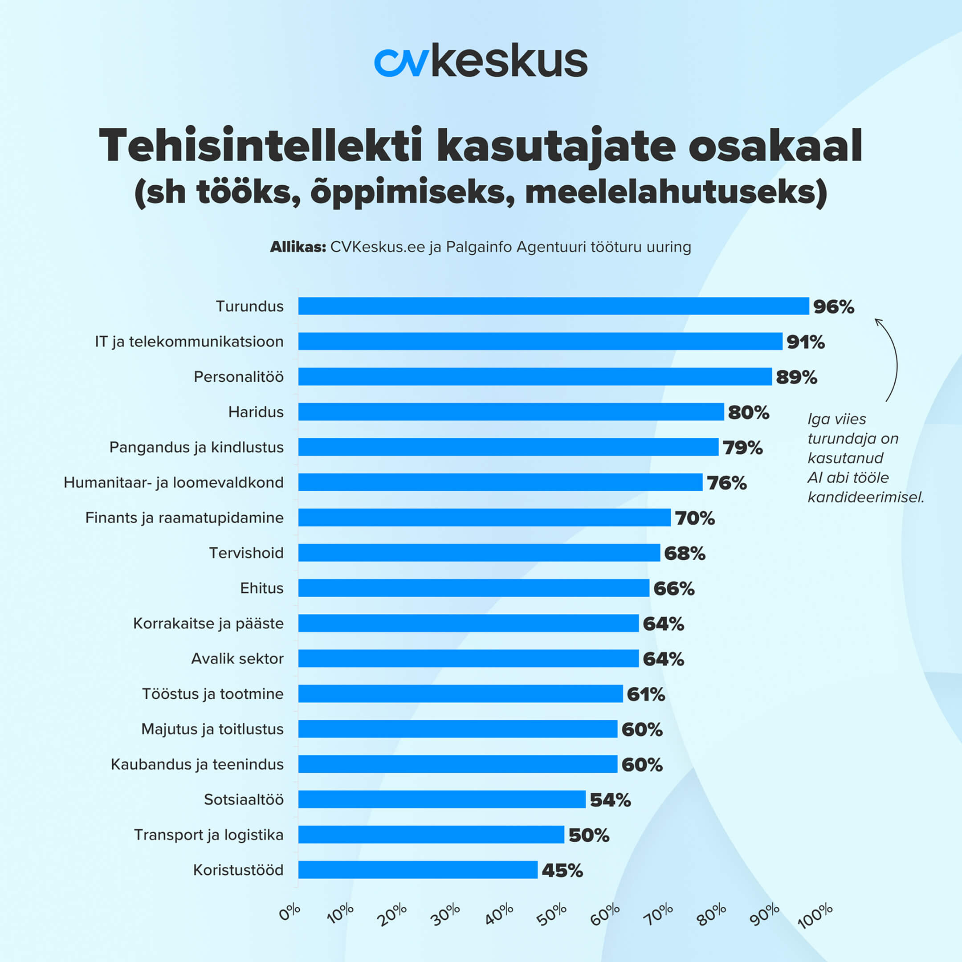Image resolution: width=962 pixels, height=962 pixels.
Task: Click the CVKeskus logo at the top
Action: coord(481,61)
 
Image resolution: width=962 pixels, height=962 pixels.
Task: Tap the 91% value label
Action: coord(805,342)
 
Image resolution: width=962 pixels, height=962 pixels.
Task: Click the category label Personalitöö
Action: coord(239,377)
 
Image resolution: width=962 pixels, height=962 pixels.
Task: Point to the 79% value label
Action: coord(742,448)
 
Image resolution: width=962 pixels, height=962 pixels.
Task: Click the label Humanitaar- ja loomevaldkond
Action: coord(173,482)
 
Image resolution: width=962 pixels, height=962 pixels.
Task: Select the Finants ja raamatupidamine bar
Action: coord(484,518)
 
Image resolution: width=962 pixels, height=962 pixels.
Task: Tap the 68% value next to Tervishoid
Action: coord(685,553)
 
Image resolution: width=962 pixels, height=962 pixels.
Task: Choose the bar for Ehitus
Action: coord(473,588)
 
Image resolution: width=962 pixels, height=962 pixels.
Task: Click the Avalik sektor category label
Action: coord(237,659)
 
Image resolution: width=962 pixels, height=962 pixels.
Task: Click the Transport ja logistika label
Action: coord(208,835)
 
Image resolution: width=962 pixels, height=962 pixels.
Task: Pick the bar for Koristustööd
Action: coord(418,870)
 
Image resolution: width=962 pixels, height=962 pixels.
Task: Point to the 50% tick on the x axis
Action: coord(552,914)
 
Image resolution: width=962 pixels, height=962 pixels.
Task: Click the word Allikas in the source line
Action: coord(297,247)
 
